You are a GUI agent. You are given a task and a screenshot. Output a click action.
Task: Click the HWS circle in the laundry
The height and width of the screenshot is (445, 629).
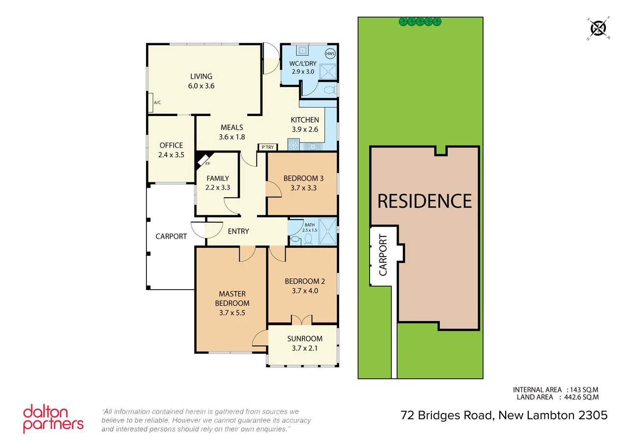tap(330, 53)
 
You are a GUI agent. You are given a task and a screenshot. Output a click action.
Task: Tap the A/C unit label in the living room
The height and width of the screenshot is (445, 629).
tap(157, 103)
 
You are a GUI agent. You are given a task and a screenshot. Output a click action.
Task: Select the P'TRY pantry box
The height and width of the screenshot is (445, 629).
tap(268, 147)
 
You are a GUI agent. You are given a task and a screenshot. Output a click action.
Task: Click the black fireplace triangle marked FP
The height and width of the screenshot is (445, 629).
tap(201, 159)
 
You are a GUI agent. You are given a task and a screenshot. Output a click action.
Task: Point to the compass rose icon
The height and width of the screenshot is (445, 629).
tap(599, 28)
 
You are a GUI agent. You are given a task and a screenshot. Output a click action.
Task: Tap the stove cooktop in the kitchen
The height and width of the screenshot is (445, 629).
tap(293, 145)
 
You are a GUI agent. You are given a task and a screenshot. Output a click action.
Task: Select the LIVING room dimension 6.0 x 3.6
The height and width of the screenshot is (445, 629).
tap(201, 86)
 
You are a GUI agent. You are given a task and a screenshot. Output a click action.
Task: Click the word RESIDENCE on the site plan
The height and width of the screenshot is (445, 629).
tap(424, 201)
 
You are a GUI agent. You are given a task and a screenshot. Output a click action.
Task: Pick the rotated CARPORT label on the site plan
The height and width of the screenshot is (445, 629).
tap(383, 255)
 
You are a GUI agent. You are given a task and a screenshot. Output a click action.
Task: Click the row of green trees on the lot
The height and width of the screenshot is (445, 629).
tap(420, 21)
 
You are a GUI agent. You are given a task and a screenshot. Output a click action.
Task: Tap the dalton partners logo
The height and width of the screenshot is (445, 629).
tap(53, 419)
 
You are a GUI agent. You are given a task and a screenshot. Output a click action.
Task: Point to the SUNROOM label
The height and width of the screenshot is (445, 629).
tap(305, 338)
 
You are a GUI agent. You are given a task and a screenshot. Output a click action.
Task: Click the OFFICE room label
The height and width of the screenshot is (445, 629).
tap(171, 145)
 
